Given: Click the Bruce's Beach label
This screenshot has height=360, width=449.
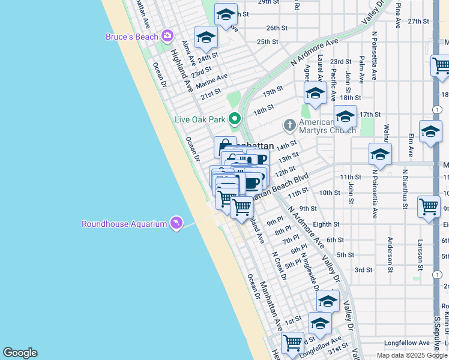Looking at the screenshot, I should coord(131,37).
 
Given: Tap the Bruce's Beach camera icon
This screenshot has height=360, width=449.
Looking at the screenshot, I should coord(166,37).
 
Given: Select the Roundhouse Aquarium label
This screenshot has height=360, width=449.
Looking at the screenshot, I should coord(124,224).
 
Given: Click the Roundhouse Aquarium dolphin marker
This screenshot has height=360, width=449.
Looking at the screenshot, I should coord(176,224).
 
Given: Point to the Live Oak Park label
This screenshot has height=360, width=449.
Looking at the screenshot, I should coord(199,119).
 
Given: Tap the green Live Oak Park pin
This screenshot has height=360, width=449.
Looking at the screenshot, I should coord(234,119).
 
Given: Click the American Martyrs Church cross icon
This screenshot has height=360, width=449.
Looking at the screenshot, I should coord(289,125).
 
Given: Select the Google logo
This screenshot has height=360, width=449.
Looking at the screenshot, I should coord(20,353).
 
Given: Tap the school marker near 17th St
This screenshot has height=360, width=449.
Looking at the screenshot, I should coord(345,117).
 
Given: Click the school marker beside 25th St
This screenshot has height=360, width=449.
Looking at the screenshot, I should coord(206,37).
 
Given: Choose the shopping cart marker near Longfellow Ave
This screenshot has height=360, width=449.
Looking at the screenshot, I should coord(292,343).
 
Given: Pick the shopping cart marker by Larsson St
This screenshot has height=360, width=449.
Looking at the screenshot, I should coord(429,206).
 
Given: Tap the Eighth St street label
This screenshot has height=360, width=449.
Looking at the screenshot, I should coord(326,224).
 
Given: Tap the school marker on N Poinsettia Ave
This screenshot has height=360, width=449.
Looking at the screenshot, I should coord(380,155).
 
